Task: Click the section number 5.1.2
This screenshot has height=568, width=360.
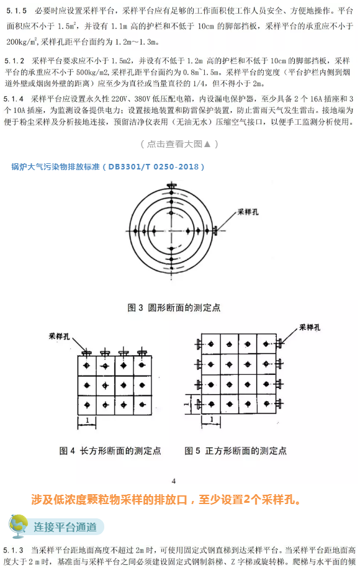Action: (15, 61)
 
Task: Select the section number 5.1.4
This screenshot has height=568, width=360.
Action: (14, 99)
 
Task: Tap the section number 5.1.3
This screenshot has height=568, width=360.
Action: (14, 550)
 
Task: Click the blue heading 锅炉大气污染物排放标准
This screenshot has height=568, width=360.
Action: (55, 166)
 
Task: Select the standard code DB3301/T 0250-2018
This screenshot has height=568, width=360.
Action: (155, 166)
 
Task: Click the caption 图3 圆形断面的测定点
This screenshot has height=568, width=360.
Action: (174, 307)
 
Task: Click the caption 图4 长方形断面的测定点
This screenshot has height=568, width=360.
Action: (110, 451)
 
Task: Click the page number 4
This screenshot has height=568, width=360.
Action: (174, 480)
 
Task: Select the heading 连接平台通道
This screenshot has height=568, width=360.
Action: (65, 528)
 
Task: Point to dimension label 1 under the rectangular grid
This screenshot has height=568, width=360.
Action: (88, 420)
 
